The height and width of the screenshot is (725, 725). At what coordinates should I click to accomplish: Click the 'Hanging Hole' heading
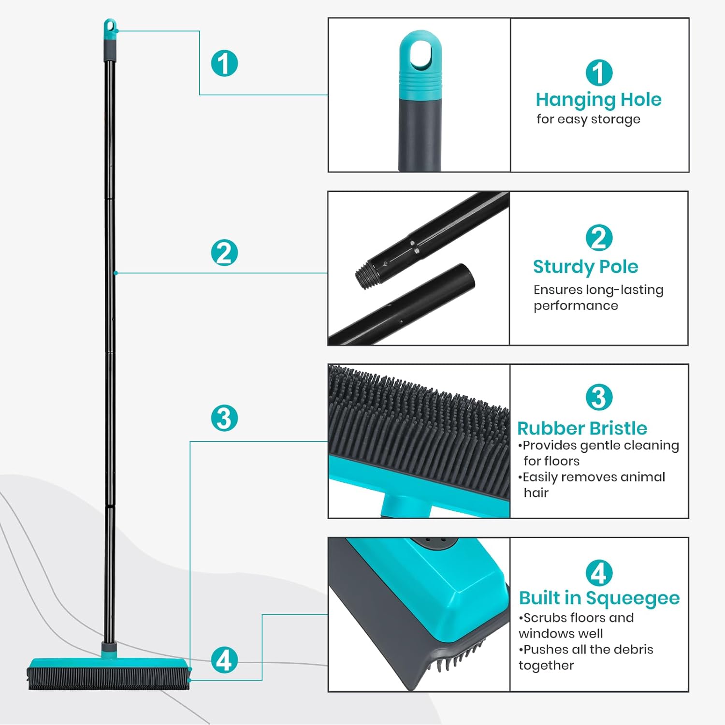(x=598, y=100)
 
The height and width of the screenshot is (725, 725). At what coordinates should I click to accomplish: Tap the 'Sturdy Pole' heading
(x=585, y=267)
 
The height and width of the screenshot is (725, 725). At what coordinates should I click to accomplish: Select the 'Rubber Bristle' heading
(x=582, y=428)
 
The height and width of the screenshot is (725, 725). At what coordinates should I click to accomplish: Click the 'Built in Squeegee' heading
(x=599, y=598)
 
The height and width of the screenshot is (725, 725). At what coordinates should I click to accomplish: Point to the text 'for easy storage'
(x=588, y=119)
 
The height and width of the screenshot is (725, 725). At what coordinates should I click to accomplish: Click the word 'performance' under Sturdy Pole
(x=576, y=305)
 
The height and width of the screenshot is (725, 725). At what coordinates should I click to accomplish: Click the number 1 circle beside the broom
(x=224, y=63)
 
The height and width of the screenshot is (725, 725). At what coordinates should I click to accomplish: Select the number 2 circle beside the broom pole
(x=224, y=253)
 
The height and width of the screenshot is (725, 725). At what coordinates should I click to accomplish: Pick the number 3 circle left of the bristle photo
(x=224, y=418)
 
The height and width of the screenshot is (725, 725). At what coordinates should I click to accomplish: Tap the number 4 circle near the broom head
(x=224, y=660)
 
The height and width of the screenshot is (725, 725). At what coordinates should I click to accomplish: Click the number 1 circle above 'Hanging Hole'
(x=599, y=72)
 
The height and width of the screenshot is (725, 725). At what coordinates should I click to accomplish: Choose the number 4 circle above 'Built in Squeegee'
(x=599, y=573)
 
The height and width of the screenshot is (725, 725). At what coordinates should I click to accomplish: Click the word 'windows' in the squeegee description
(x=561, y=633)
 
